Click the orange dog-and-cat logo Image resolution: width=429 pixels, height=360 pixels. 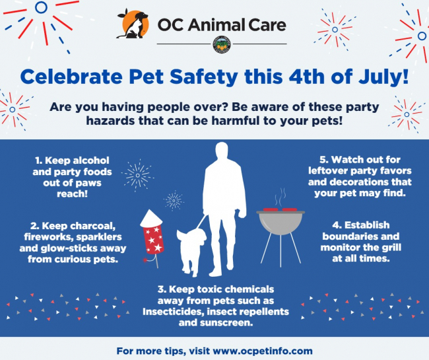(x=133, y=24)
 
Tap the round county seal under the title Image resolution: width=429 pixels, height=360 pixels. (x=222, y=45)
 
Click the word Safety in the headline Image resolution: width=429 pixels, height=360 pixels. (x=204, y=77)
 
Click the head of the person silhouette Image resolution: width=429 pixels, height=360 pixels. (x=222, y=152)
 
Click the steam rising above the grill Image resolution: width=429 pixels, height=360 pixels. (x=280, y=197)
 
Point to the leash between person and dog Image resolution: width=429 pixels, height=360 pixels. (x=201, y=222)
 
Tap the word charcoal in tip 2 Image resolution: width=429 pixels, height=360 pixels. (x=93, y=226)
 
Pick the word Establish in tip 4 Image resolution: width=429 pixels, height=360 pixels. (x=367, y=225)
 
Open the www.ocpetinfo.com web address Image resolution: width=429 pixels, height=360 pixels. (x=263, y=351)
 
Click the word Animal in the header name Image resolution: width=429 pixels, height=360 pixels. (x=216, y=24)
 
